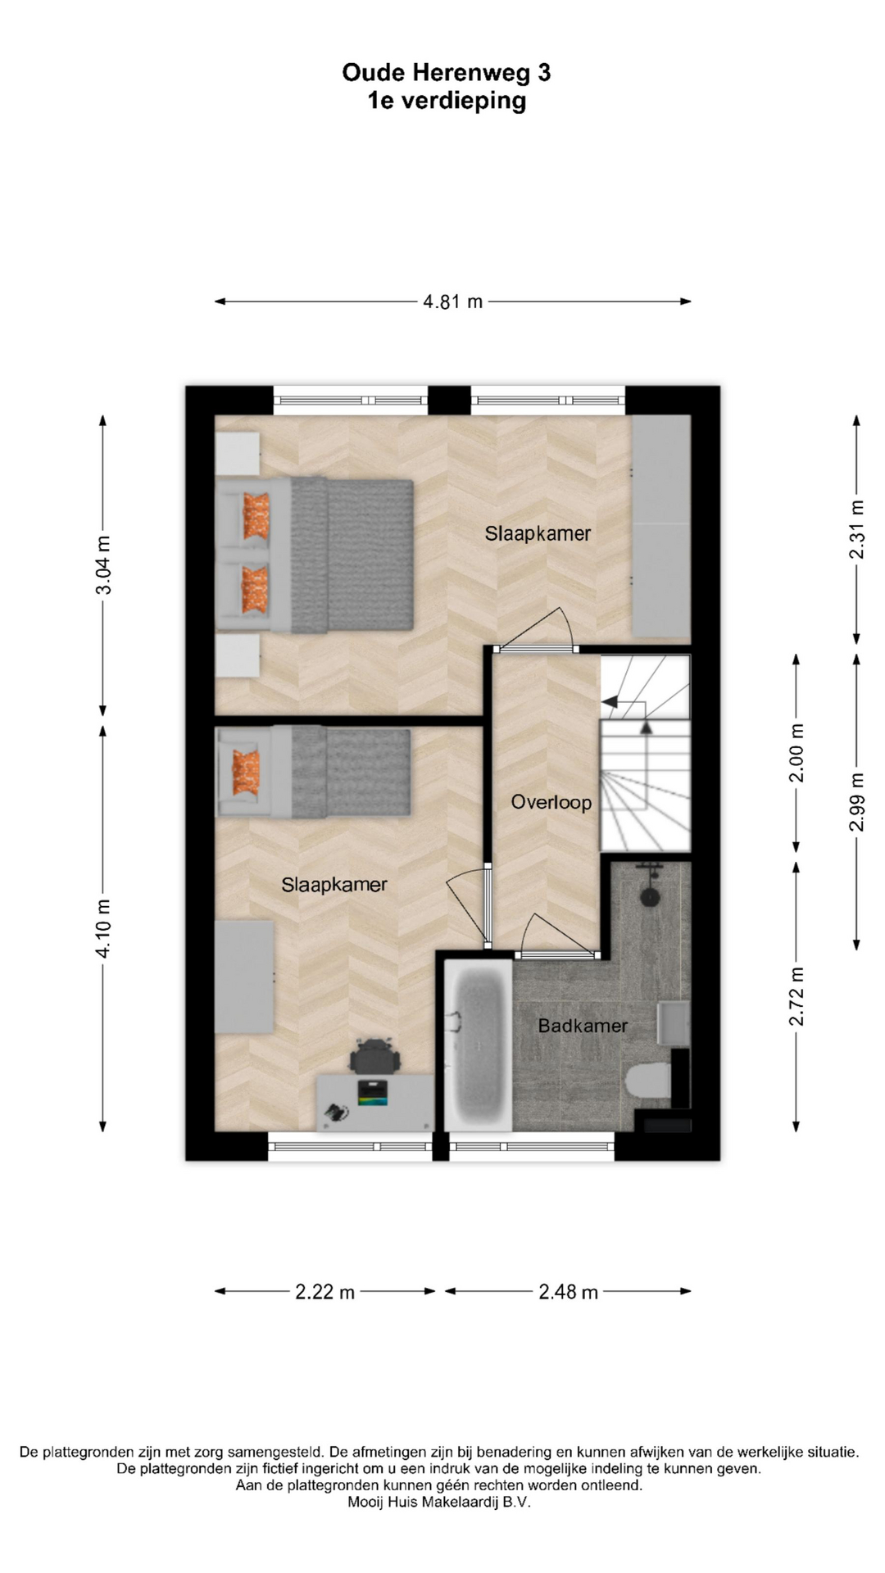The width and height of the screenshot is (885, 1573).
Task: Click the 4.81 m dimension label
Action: (x=452, y=301)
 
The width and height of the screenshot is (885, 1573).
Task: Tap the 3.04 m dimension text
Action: (x=103, y=564)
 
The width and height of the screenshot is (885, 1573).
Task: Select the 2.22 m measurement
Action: (x=325, y=1292)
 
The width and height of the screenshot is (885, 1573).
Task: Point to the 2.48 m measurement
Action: (x=568, y=1292)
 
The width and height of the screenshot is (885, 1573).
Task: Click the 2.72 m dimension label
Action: (x=796, y=996)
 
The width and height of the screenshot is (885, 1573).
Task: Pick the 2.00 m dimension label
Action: (x=796, y=753)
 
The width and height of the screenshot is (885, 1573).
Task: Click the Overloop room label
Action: (x=551, y=802)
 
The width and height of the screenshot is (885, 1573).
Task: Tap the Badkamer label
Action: (x=583, y=1025)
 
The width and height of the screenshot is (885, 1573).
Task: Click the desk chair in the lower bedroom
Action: (x=375, y=1056)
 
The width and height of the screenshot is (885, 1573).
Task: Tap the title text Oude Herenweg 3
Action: (x=447, y=73)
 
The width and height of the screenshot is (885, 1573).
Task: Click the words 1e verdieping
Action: (x=447, y=101)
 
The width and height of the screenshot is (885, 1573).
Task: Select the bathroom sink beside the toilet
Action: (x=674, y=1022)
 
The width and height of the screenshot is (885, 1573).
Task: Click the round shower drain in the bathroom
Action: (x=650, y=897)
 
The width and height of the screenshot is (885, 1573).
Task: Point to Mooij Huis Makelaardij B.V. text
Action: (x=439, y=1502)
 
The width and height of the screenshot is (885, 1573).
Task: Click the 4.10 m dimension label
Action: (x=103, y=928)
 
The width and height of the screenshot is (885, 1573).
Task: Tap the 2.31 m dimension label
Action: (x=856, y=529)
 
